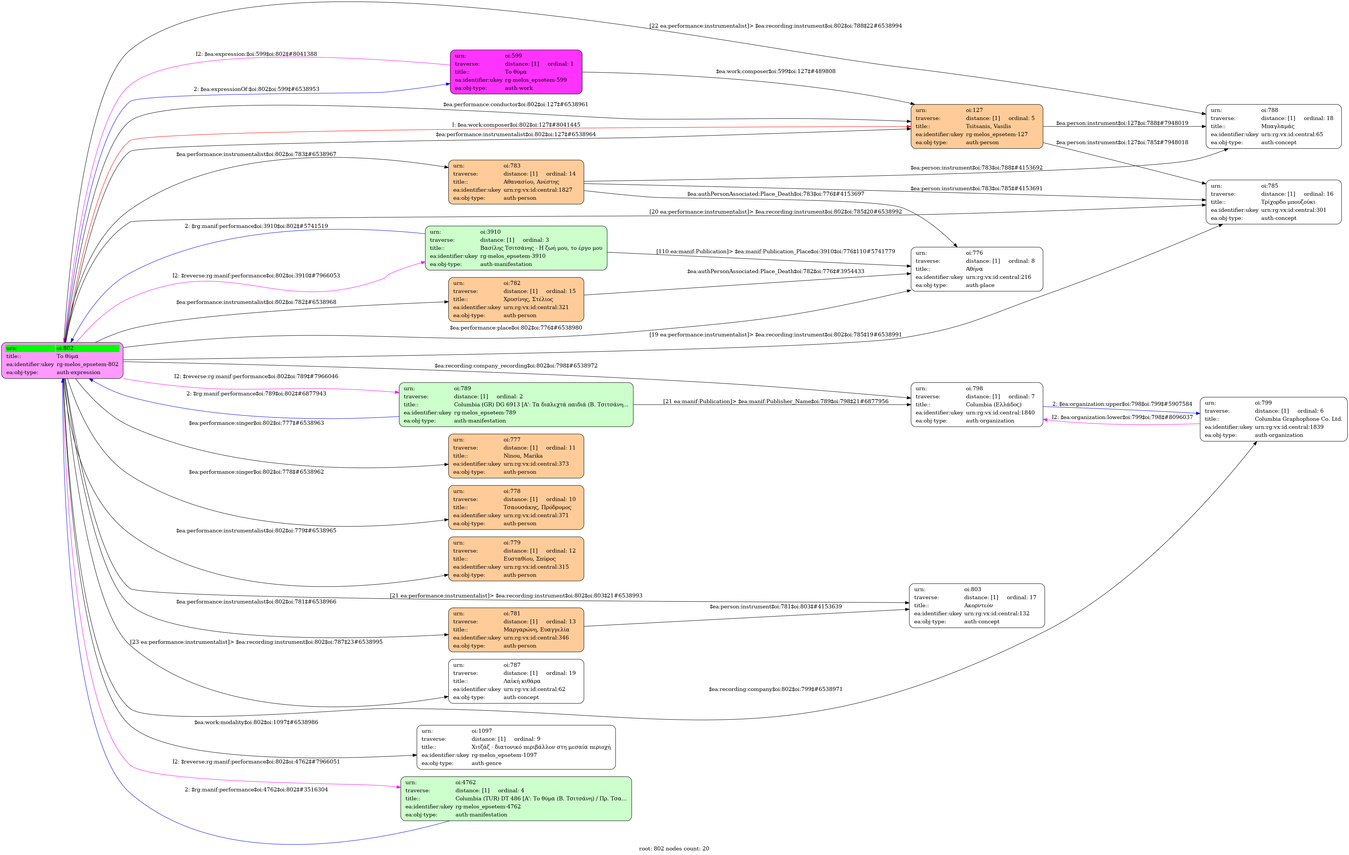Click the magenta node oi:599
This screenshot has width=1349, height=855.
(516, 72)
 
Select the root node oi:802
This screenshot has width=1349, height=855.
(62, 360)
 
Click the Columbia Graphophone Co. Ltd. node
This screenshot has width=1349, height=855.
(1273, 419)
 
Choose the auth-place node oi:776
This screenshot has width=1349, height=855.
(976, 269)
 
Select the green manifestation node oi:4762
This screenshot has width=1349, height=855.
(516, 798)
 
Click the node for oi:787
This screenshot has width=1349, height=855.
(516, 681)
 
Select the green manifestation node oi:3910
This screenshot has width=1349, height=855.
(516, 248)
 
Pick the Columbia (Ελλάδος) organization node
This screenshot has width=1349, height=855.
(976, 405)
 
